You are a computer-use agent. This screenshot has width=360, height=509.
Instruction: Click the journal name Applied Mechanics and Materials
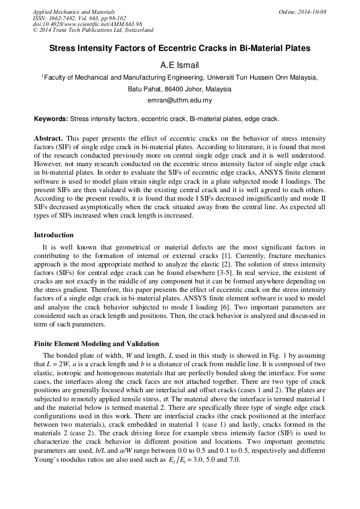coord(73,12)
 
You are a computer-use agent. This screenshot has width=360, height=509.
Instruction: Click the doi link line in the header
coord(88,24)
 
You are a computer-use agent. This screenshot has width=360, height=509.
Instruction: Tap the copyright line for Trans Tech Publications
coord(93,31)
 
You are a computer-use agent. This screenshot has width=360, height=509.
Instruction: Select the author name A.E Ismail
coord(179,65)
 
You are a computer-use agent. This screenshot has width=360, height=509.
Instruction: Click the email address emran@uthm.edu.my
coord(179,100)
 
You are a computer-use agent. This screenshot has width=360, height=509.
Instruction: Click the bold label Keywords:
coord(51,119)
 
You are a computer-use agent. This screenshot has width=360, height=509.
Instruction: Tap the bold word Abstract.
coord(48,139)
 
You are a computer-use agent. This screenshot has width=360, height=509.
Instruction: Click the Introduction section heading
coord(54,235)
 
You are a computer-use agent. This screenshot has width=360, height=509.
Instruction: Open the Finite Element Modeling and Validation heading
coord(96,344)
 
